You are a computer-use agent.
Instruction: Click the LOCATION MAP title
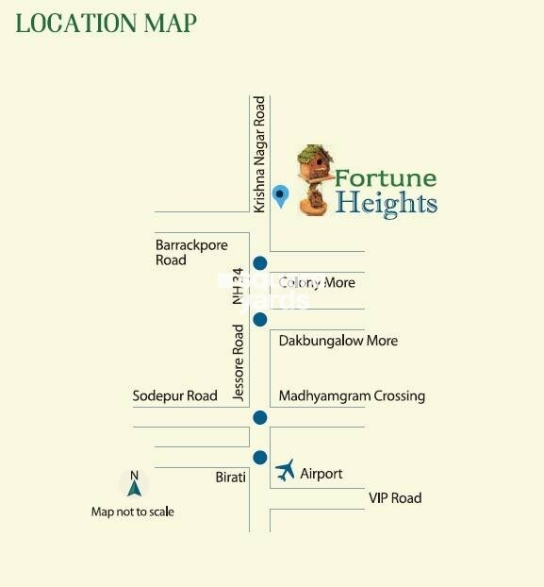(x=107, y=24)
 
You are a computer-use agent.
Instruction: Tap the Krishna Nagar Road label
(x=260, y=153)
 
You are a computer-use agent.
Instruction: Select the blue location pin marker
(x=279, y=196)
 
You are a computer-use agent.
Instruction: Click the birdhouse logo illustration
(x=315, y=178)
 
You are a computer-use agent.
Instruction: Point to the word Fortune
(x=386, y=177)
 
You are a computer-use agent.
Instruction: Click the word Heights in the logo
(x=387, y=202)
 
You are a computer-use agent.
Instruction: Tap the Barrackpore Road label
(x=191, y=252)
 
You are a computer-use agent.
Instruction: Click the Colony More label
(x=317, y=282)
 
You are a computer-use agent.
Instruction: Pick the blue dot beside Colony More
(x=260, y=263)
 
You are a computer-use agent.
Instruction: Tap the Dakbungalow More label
(x=338, y=341)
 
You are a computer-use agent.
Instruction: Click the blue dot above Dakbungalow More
(x=260, y=319)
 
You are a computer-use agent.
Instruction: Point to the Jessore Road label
(x=239, y=362)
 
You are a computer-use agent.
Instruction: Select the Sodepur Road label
(x=175, y=396)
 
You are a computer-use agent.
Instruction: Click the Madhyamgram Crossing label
(x=352, y=396)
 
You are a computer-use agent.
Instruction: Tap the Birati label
(x=230, y=478)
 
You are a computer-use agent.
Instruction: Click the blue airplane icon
(x=286, y=469)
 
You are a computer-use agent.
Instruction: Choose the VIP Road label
(x=394, y=497)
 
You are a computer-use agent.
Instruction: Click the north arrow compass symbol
(x=134, y=484)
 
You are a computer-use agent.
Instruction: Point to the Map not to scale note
(x=133, y=512)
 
